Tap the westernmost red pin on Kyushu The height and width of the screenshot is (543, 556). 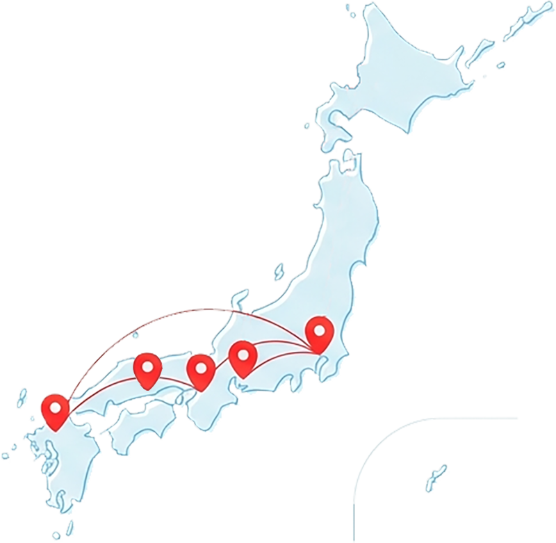click(56, 410)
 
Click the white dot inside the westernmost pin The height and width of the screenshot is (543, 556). click(56, 405)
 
